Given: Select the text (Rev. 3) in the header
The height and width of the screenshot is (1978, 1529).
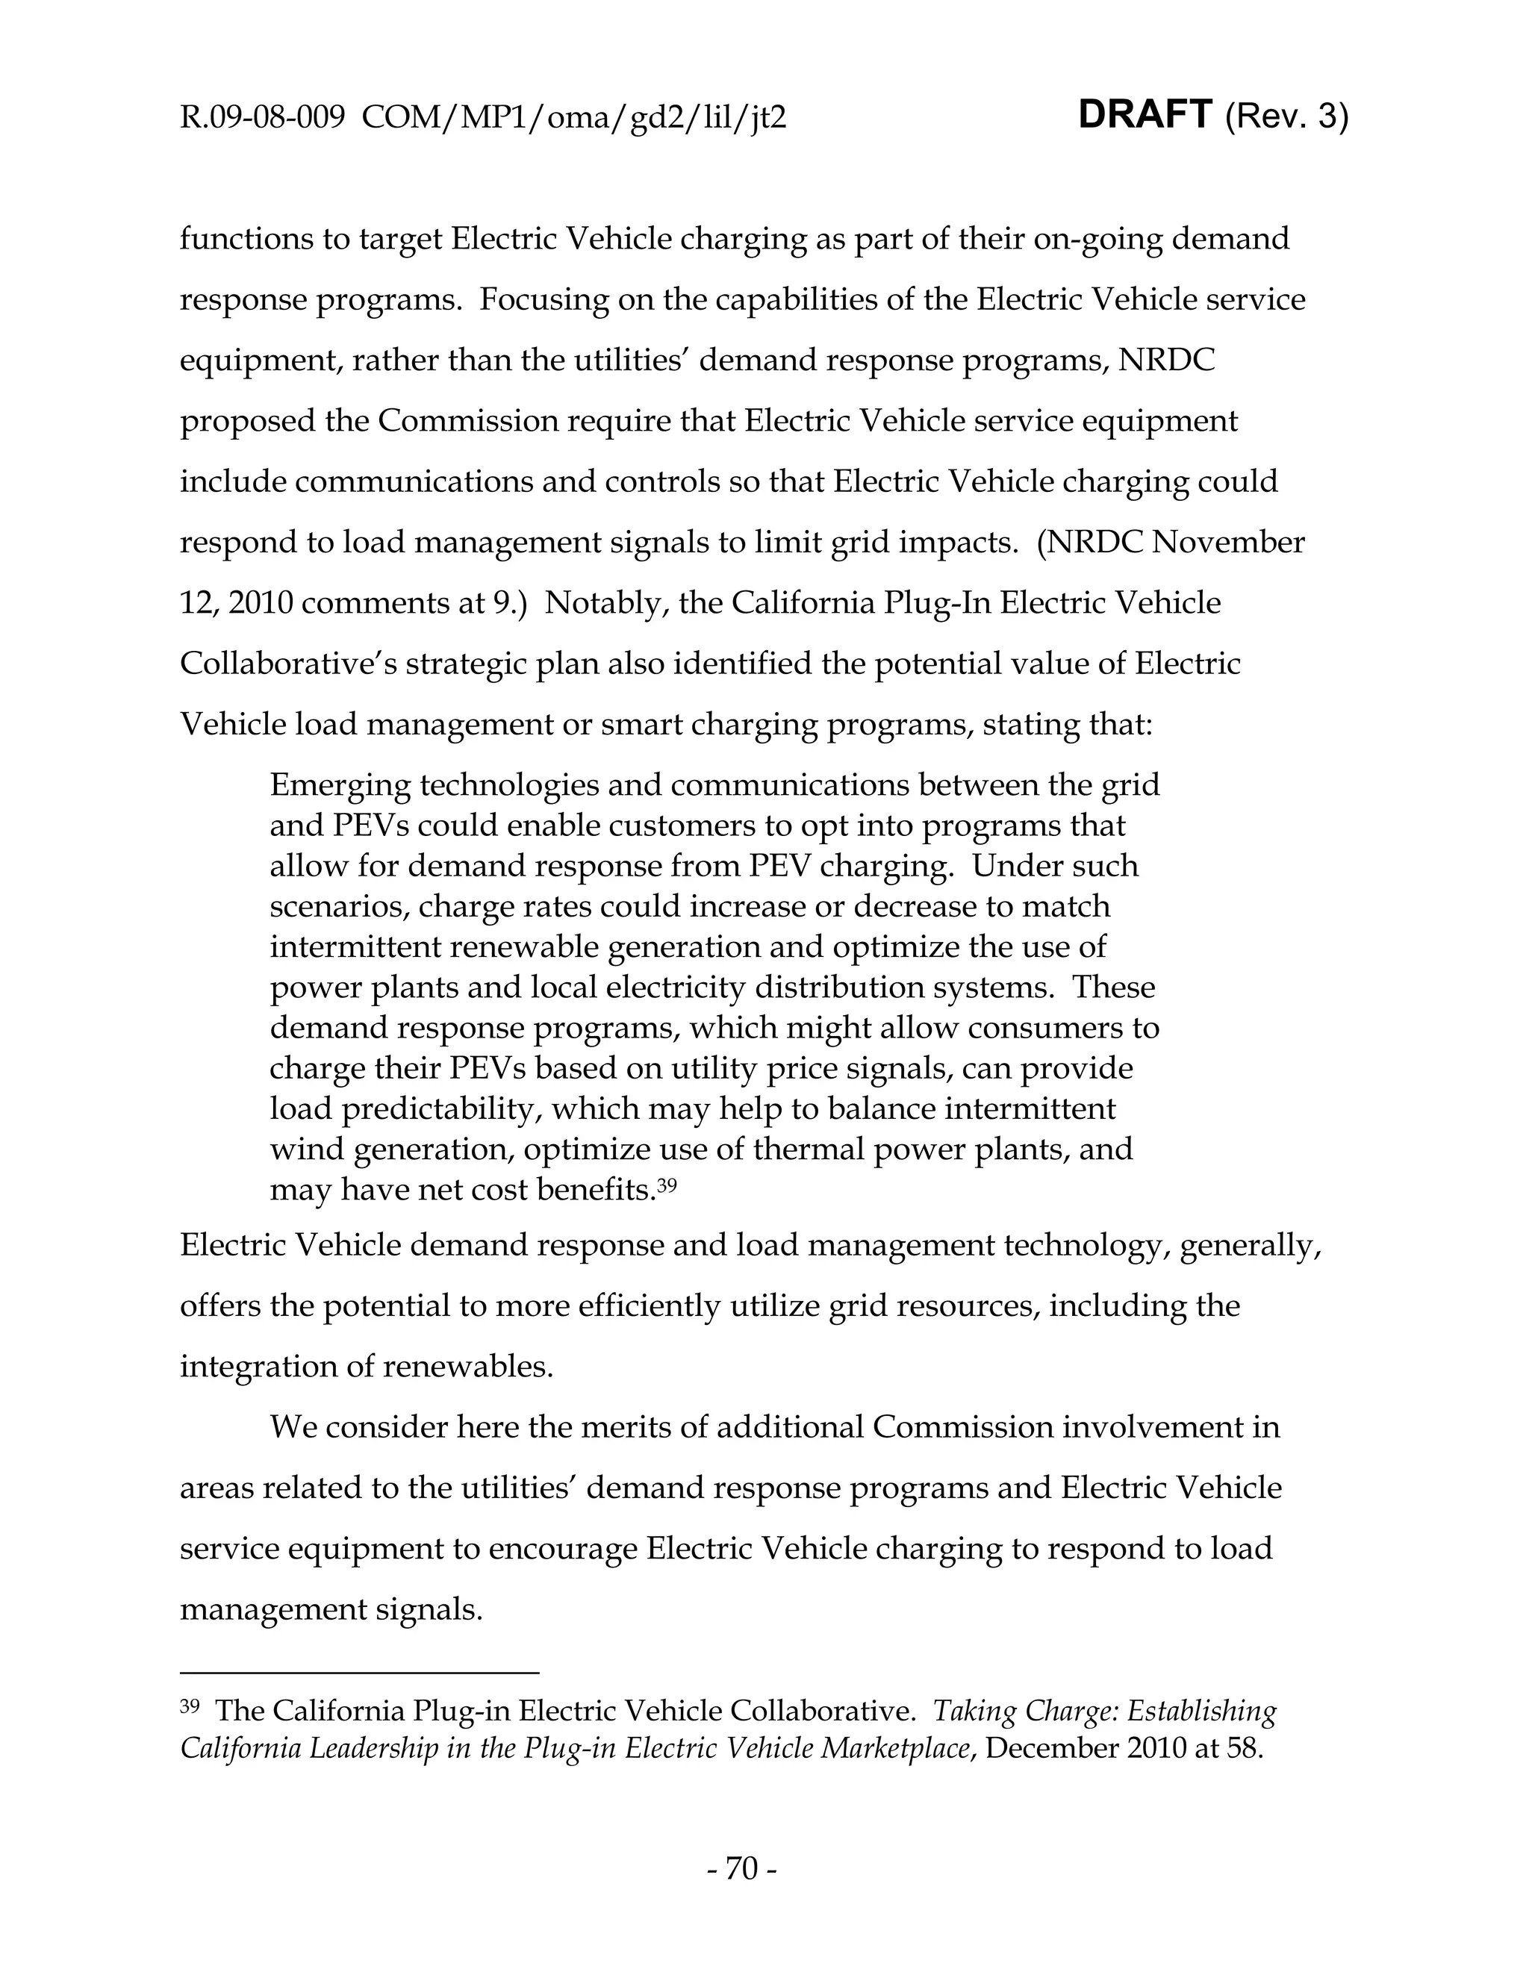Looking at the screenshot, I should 1286,117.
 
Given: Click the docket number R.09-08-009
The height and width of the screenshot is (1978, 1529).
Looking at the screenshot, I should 262,118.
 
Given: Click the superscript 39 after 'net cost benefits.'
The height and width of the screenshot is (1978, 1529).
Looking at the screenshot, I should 667,1183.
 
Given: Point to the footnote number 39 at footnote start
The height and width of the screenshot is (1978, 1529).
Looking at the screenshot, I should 190,1706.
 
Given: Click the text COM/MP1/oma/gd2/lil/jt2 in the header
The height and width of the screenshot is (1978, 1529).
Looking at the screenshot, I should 573,118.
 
